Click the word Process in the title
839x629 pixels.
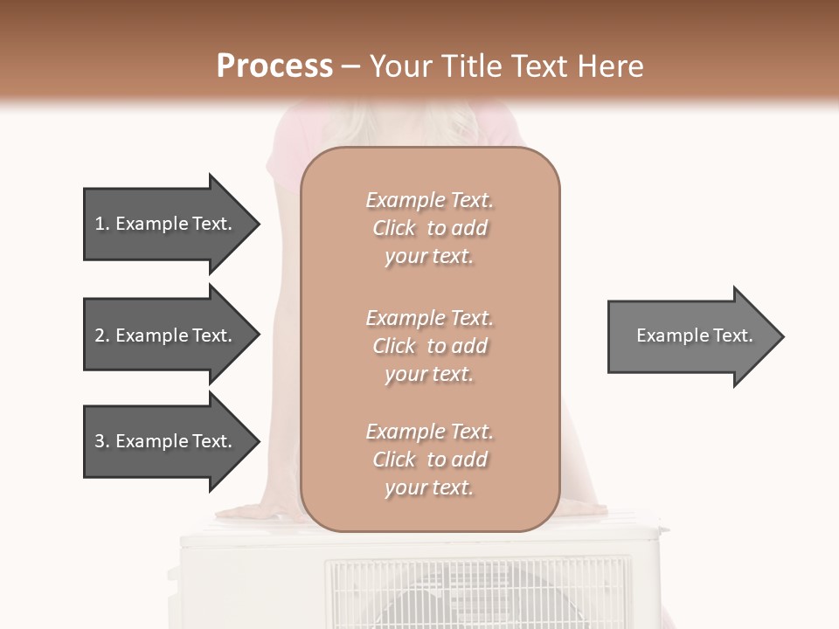click(x=274, y=66)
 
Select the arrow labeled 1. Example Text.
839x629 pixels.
click(x=166, y=224)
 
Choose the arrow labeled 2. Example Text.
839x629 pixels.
click(x=166, y=335)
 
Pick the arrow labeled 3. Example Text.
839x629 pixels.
click(x=166, y=441)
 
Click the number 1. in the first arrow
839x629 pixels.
click(x=101, y=224)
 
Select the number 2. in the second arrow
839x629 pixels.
click(x=101, y=335)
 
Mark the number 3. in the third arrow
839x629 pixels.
click(x=101, y=441)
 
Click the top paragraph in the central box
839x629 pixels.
click(x=429, y=228)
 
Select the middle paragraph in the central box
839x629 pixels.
click(x=429, y=346)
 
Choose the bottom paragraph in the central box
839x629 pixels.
click(x=429, y=460)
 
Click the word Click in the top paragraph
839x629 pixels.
click(x=394, y=228)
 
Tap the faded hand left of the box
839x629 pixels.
click(x=253, y=512)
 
